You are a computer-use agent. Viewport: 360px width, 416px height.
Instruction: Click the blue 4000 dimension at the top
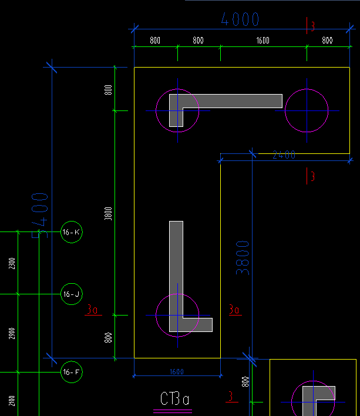pos(240,19)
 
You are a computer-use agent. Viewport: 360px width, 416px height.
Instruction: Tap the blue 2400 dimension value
pos(284,155)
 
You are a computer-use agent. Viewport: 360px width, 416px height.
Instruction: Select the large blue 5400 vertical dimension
pos(40,216)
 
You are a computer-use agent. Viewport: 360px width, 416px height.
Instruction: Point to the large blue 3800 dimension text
pos(243,257)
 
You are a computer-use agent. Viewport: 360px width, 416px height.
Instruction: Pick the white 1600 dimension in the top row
pos(263,41)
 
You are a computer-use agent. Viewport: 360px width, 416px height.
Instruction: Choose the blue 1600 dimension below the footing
pos(176,371)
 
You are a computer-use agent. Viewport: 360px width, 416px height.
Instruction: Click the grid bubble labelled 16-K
pos(71,233)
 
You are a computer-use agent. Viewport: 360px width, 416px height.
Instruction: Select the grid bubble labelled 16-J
pos(71,294)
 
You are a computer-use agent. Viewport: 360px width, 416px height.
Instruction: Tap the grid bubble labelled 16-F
pos(71,372)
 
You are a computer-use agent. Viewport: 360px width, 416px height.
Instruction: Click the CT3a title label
pos(175,400)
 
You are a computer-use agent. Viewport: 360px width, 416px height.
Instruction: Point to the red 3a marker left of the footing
pos(93,309)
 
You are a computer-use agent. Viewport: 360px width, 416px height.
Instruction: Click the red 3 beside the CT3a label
pos(231,397)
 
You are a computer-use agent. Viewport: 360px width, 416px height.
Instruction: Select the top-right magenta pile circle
pos(307,110)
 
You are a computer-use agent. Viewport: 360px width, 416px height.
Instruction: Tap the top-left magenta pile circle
pos(177,110)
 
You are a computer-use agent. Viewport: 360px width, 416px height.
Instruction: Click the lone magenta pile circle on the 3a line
pos(177,316)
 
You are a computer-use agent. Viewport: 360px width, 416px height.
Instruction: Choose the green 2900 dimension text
pos(12,334)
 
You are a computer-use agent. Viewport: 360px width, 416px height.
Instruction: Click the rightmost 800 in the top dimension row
pos(327,41)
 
